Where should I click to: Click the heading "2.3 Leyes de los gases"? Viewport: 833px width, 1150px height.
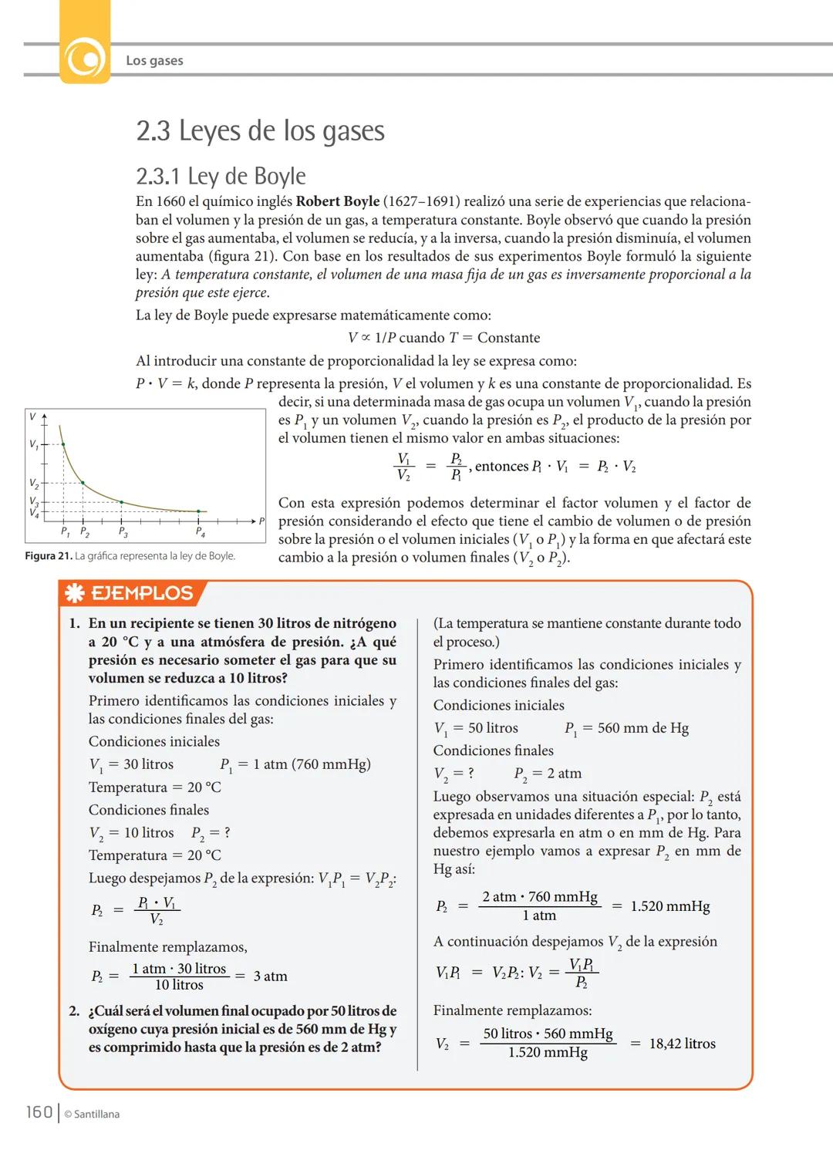(x=260, y=131)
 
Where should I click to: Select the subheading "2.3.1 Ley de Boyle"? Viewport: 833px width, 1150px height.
(x=221, y=177)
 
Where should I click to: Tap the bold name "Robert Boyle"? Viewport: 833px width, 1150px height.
(x=338, y=202)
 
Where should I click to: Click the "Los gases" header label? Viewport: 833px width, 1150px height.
(x=154, y=60)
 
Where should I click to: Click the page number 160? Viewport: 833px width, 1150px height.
(x=39, y=1111)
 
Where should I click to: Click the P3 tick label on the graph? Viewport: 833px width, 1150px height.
(x=123, y=532)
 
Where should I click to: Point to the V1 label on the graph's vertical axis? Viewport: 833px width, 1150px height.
(x=33, y=444)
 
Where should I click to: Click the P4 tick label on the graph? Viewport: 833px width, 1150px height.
(x=200, y=532)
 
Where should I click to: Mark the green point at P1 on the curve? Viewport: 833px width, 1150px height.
(x=63, y=444)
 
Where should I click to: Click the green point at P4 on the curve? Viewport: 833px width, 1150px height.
(x=198, y=511)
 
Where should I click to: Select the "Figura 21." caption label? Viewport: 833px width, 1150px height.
(x=48, y=556)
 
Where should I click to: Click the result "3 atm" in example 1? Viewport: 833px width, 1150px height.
(x=270, y=976)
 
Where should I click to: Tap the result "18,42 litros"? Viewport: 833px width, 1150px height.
(x=682, y=1044)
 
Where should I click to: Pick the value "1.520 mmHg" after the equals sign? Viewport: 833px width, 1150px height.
(x=669, y=906)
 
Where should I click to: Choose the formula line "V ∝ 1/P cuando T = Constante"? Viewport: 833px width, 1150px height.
(x=443, y=338)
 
